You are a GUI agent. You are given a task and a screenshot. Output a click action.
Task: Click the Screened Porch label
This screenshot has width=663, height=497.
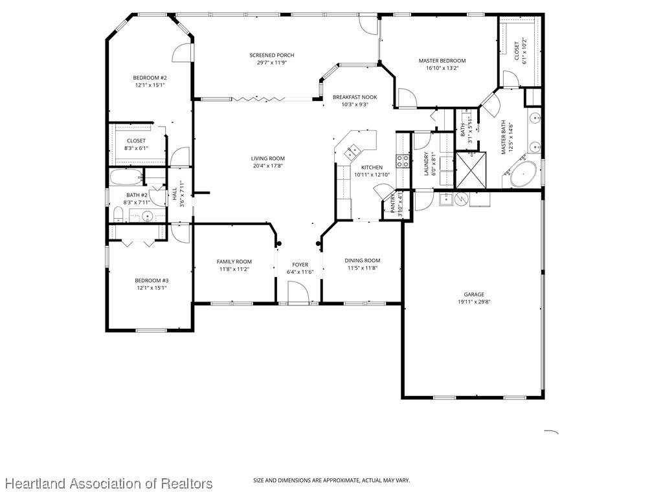coord(271,56)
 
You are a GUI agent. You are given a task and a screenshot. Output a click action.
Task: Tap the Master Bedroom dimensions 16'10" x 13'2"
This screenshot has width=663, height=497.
coord(442,67)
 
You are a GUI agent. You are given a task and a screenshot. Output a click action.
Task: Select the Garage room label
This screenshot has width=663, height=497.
coord(473,294)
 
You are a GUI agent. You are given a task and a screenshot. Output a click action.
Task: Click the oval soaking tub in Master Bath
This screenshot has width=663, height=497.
coord(523,173)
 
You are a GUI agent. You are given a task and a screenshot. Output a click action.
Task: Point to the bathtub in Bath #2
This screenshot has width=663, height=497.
coord(126,178)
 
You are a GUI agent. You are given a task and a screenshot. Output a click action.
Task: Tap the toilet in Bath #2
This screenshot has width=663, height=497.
coord(118,215)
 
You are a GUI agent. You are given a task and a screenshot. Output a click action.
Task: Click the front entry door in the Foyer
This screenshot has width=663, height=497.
coord(298,293)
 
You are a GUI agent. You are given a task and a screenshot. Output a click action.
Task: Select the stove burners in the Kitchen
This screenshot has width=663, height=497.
coord(403,160)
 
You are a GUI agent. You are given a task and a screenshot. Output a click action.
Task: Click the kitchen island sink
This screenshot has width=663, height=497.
coord(352,151)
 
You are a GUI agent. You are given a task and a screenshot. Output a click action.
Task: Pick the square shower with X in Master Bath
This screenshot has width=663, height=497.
coord(471,170)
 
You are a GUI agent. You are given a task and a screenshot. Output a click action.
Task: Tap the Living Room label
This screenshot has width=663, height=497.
coord(267,159)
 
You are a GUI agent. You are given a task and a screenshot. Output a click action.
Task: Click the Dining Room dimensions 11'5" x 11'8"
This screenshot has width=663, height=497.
coord(363,268)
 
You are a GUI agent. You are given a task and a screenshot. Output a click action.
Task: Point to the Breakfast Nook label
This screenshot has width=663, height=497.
coord(355,97)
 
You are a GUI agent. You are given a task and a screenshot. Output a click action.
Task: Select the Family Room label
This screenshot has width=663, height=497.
coord(234,262)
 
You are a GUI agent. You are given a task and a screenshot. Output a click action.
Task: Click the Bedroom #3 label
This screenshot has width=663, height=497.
coord(152,281)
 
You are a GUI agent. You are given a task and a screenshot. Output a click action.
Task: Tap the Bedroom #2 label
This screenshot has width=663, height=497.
coord(150,78)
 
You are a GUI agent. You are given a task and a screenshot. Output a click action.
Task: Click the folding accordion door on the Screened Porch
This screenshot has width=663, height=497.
coord(258,99)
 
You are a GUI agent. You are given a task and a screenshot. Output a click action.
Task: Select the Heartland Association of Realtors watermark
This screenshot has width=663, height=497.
coord(109,483)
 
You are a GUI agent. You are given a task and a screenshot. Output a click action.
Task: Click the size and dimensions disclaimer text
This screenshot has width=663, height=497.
coord(331,481)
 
